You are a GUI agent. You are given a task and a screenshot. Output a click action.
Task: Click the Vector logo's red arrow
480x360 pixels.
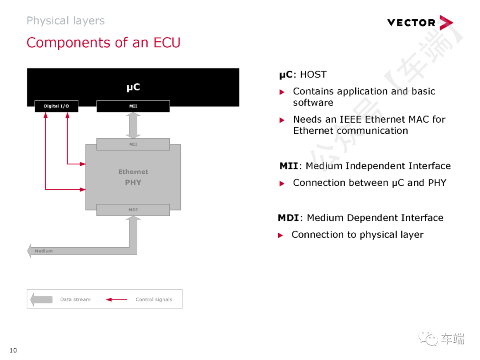[445, 23]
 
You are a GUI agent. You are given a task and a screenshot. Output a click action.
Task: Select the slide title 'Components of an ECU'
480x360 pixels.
[104, 43]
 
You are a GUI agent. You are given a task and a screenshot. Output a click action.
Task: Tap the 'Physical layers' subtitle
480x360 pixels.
[65, 21]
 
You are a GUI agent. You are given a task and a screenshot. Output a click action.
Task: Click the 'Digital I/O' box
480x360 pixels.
[56, 106]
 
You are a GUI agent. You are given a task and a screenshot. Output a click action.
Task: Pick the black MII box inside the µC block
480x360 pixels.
[133, 106]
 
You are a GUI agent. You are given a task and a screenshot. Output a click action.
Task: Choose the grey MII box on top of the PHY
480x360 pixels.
[133, 144]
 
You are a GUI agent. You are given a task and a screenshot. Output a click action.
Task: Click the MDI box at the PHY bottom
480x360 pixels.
[133, 210]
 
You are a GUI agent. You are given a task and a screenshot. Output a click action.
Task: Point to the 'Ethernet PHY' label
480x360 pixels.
[133, 177]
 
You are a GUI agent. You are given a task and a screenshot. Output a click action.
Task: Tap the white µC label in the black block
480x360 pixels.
[133, 87]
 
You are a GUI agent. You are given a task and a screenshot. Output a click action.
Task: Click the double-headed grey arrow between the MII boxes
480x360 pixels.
[133, 125]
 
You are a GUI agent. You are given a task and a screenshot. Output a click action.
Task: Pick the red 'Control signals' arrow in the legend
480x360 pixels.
[116, 300]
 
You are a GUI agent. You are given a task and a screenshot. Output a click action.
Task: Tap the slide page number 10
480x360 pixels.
[13, 351]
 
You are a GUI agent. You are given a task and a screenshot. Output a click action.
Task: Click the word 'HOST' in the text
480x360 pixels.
[313, 75]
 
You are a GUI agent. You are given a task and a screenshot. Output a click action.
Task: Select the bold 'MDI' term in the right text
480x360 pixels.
[288, 218]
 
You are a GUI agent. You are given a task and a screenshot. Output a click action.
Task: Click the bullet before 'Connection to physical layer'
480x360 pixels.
[280, 235]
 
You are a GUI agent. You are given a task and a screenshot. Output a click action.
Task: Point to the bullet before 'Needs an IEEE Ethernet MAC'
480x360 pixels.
[281, 120]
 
